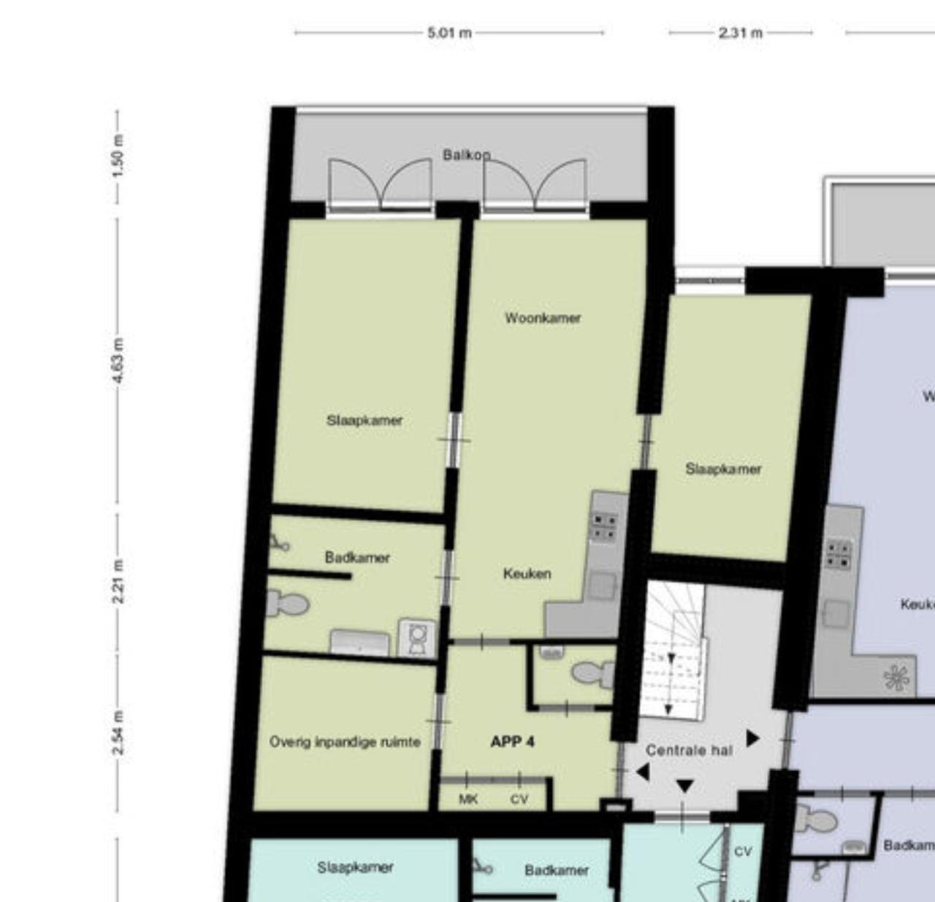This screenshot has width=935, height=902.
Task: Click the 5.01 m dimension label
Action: click(449, 33)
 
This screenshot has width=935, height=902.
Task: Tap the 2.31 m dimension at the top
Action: click(740, 33)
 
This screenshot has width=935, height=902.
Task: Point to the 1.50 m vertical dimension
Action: click(118, 155)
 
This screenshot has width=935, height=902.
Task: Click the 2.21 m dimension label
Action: click(118, 581)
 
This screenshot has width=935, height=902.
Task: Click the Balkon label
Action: click(466, 155)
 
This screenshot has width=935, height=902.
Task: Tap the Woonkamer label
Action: click(543, 318)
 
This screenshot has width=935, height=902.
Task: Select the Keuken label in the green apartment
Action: click(527, 574)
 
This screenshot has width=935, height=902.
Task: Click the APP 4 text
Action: click(512, 742)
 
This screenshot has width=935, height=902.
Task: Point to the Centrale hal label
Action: click(689, 750)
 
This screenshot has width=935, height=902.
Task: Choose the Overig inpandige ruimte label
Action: click(345, 742)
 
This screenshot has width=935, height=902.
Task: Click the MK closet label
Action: click(468, 799)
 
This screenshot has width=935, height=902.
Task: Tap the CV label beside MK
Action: click(519, 799)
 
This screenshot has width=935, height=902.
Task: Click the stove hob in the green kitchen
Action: click(604, 526)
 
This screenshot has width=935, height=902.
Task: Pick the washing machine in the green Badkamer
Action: click(416, 637)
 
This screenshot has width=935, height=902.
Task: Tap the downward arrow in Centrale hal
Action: click(684, 787)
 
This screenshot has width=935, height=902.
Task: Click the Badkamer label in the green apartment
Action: click(357, 558)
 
